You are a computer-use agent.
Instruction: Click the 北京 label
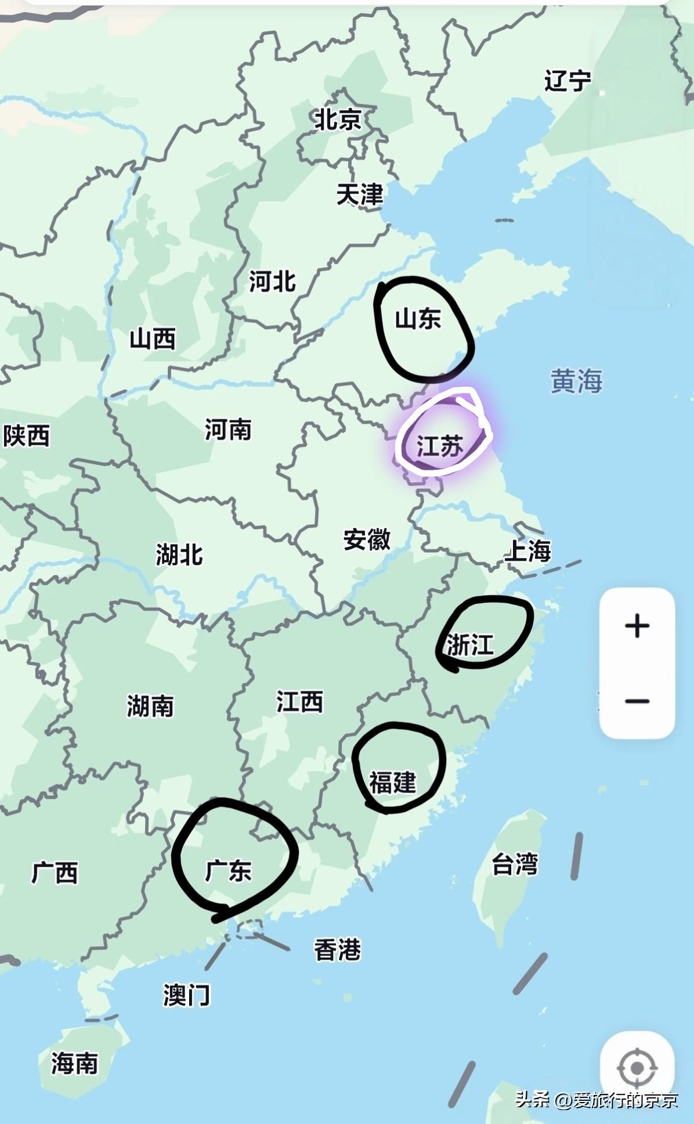pyautogui.click(x=338, y=120)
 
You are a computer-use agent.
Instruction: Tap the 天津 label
pyautogui.click(x=360, y=194)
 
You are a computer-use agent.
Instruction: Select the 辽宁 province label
pyautogui.click(x=568, y=81)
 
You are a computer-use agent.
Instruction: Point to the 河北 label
pyautogui.click(x=272, y=282)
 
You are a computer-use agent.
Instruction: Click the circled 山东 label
pyautogui.click(x=418, y=319)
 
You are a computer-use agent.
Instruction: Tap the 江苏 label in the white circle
pyautogui.click(x=440, y=446)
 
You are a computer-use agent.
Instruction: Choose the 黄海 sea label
pyautogui.click(x=576, y=381)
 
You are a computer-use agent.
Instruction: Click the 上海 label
pyautogui.click(x=527, y=550)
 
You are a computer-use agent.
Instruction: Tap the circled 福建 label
pyautogui.click(x=393, y=782)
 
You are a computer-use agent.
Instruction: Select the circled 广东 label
pyautogui.click(x=228, y=871)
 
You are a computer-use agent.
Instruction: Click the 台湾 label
pyautogui.click(x=515, y=864)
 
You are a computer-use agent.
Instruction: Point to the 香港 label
pyautogui.click(x=337, y=950)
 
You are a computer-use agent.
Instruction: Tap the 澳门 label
pyautogui.click(x=186, y=995)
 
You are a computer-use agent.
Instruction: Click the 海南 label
pyautogui.click(x=74, y=1063)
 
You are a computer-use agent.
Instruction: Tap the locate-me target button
pyautogui.click(x=637, y=1068)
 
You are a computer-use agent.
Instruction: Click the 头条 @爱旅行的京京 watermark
pyautogui.click(x=597, y=1099)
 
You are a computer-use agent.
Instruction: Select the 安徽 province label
pyautogui.click(x=367, y=539)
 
